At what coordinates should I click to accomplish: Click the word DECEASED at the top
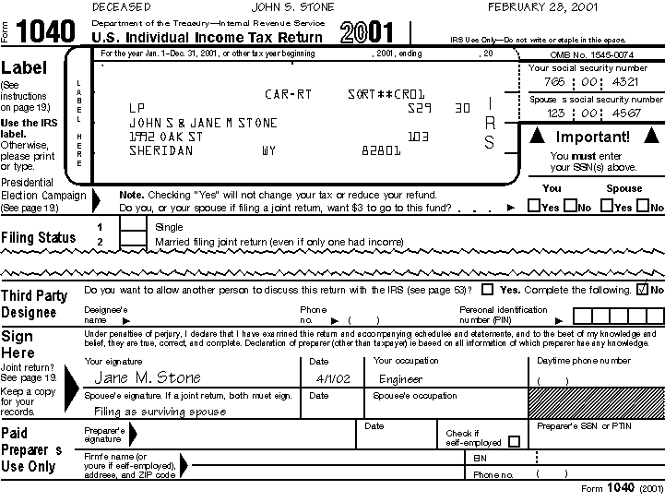[x=122, y=7]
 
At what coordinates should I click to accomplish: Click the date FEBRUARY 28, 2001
[x=541, y=7]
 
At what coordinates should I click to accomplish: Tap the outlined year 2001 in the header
[x=366, y=34]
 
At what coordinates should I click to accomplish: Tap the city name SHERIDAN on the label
[x=161, y=150]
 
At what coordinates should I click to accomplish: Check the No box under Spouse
[x=643, y=207]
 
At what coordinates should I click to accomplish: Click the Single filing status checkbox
[x=134, y=226]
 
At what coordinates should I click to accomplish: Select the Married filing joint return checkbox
[x=134, y=241]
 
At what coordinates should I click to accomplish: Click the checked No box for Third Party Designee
[x=643, y=289]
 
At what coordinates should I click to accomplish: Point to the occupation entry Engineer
[x=400, y=379]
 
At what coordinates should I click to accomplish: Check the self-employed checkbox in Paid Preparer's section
[x=514, y=441]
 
